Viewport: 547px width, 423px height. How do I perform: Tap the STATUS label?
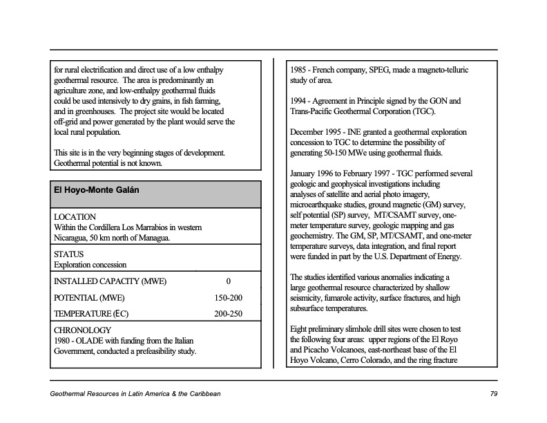tap(68, 254)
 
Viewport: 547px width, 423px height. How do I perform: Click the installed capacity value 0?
tap(228, 281)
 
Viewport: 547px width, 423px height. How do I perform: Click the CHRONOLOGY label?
tap(82, 330)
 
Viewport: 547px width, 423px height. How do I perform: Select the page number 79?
tap(493, 394)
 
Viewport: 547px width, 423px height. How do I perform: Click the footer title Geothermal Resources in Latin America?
tap(135, 394)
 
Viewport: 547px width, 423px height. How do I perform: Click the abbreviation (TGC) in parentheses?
tap(423, 111)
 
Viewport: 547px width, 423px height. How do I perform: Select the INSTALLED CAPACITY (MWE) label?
tap(110, 281)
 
